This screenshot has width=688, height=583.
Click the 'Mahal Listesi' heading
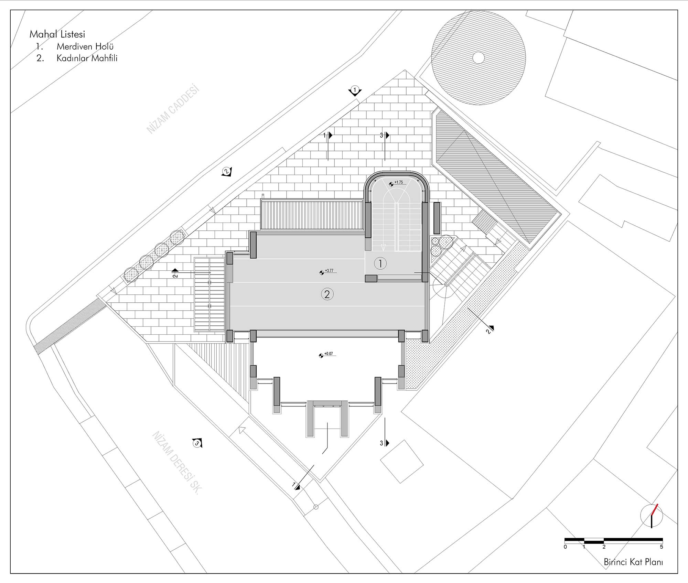tap(57, 34)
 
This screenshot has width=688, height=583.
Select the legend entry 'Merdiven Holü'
tap(85, 46)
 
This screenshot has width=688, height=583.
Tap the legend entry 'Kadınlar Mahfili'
tap(87, 58)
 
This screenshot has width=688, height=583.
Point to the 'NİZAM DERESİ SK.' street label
tap(176, 462)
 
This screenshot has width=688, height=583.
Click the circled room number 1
tap(380, 263)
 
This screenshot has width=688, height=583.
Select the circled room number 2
tap(327, 294)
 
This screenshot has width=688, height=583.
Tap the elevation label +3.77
tap(329, 271)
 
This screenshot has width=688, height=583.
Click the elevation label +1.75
tap(398, 182)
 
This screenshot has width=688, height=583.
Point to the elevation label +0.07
tap(329, 354)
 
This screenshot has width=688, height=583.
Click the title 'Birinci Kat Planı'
tap(633, 562)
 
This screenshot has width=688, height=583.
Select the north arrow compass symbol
tap(652, 526)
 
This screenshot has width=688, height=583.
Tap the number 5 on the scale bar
tap(661, 547)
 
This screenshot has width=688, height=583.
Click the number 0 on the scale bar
tap(566, 547)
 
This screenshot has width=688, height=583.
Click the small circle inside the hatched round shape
tap(478, 58)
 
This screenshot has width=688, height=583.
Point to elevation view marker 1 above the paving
tap(355, 91)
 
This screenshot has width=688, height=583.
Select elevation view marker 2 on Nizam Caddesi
tap(226, 171)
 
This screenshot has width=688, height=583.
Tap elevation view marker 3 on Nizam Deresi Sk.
tap(197, 443)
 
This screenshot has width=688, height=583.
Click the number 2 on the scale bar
tap(604, 547)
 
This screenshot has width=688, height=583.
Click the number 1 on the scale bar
tap(584, 547)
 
